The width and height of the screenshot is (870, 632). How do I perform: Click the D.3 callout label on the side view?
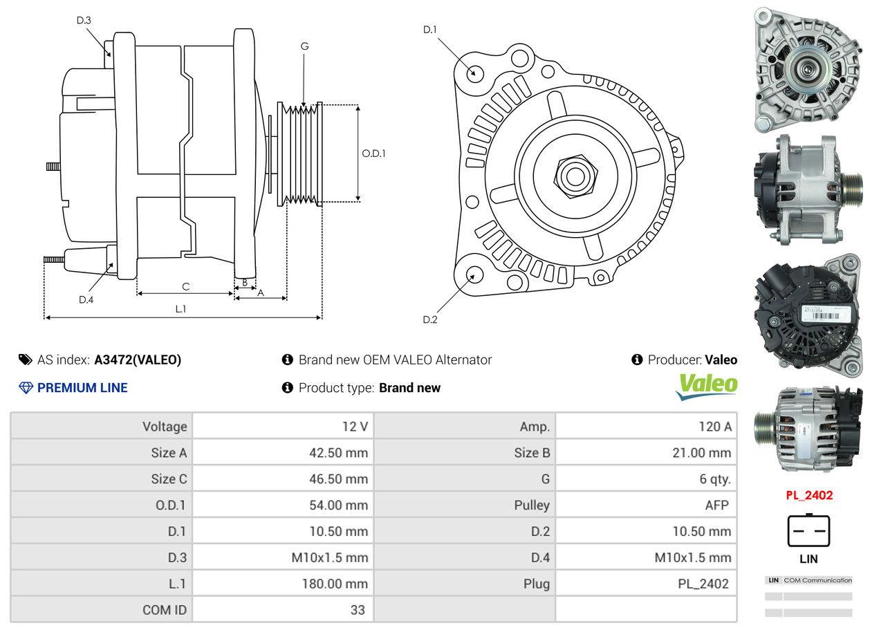(x=84, y=20)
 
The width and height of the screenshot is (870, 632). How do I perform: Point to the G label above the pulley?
(x=304, y=46)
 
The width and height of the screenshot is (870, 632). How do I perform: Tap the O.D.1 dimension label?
(x=373, y=154)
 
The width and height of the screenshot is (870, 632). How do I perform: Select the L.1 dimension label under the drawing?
(x=181, y=309)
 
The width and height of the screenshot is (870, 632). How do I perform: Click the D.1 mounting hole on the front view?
(x=474, y=72)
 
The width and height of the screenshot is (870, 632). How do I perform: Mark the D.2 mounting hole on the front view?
(x=474, y=275)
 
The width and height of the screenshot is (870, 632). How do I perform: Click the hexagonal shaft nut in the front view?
(x=574, y=175)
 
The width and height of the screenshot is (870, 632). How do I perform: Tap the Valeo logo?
(x=706, y=386)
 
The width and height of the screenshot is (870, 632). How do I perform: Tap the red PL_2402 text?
(x=809, y=495)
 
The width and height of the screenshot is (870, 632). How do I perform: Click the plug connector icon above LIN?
(x=808, y=531)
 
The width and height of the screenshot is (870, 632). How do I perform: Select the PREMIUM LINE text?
(x=82, y=388)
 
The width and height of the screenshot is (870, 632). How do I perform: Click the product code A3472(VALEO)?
(x=138, y=360)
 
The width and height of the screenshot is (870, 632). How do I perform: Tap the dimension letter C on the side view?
(x=185, y=286)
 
